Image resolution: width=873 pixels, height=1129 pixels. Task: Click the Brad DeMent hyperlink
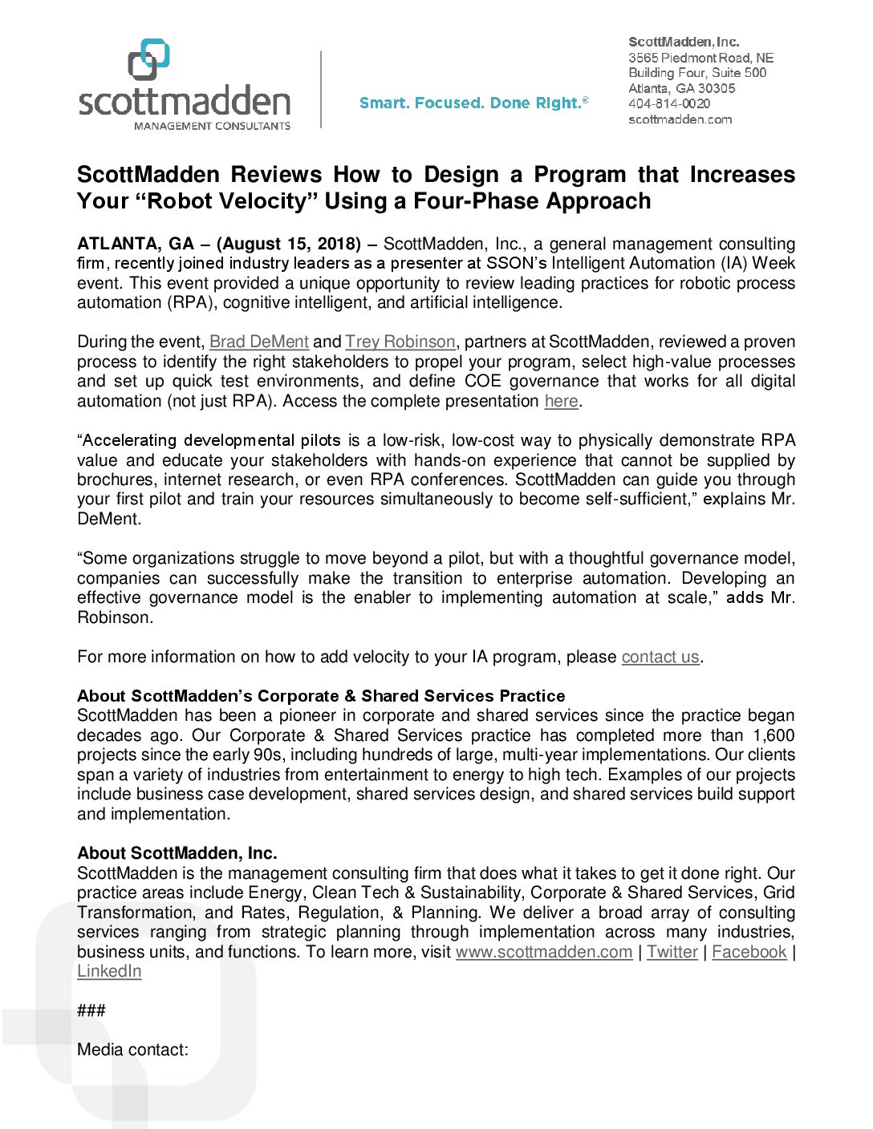click(258, 342)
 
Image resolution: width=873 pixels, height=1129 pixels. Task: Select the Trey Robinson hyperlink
click(400, 342)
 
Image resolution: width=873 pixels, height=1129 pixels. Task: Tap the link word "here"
click(561, 401)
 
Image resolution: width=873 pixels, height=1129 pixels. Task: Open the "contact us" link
click(660, 657)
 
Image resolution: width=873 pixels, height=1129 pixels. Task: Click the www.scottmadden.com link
click(544, 952)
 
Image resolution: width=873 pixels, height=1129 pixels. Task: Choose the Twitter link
click(672, 952)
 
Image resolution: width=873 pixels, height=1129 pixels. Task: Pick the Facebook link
click(749, 952)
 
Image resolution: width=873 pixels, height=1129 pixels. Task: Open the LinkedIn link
click(109, 971)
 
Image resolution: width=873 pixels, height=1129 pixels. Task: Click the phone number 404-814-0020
click(669, 103)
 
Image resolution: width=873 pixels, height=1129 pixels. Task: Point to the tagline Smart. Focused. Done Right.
click(473, 103)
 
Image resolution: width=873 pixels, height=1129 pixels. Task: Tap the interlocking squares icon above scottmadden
click(149, 59)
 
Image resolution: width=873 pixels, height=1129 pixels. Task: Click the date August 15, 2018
click(288, 244)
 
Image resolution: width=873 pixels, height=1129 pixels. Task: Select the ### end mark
click(91, 1010)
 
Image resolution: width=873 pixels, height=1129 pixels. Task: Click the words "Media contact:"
click(132, 1050)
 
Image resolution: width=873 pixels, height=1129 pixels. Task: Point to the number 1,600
click(774, 735)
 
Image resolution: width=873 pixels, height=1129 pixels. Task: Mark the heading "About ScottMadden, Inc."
click(177, 853)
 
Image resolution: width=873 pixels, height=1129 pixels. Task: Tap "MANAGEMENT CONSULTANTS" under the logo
click(212, 126)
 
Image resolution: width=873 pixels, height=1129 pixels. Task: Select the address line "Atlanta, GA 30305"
click(681, 88)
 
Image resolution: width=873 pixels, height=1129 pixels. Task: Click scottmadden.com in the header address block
click(680, 119)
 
